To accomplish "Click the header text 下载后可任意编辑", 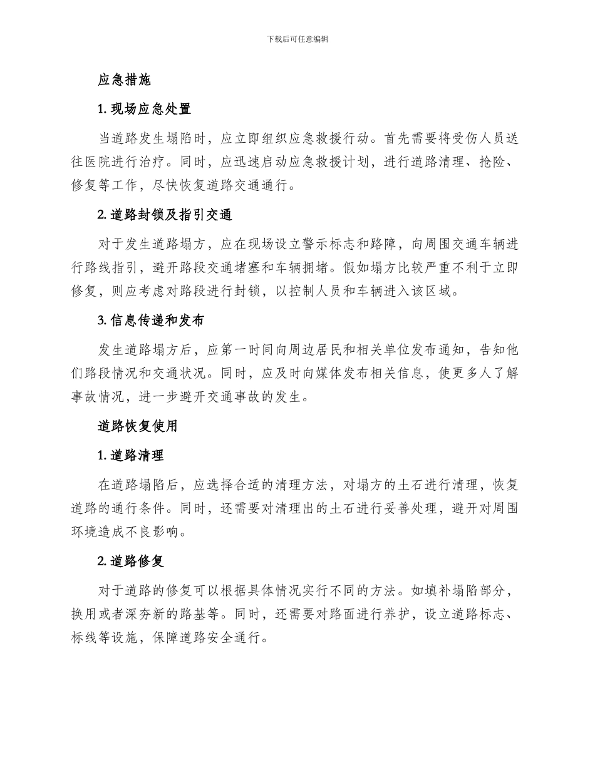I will tap(297, 39).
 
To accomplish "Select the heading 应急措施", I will tap(125, 81).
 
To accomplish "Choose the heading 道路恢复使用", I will tap(138, 426).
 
